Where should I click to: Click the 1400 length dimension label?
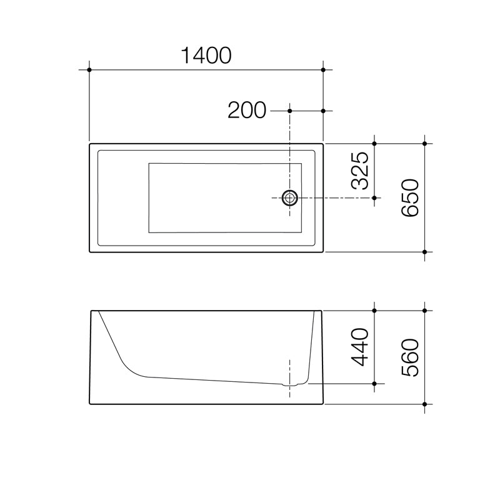click(x=206, y=56)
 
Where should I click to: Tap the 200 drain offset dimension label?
click(x=246, y=111)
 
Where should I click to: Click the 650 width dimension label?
click(x=409, y=197)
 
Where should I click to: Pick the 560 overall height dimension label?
click(x=409, y=357)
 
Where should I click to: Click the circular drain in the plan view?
click(x=290, y=197)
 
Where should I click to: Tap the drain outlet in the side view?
click(x=290, y=383)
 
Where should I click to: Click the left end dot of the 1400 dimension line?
click(x=90, y=69)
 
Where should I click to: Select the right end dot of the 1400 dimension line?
click(x=323, y=69)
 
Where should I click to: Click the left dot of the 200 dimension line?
click(x=290, y=111)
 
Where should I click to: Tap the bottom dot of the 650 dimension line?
click(x=425, y=252)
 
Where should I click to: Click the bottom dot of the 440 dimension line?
click(x=374, y=382)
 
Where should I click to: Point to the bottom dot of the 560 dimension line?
click(x=425, y=404)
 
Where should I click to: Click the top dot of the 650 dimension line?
click(x=425, y=144)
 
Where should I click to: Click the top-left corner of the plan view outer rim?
click(x=91, y=145)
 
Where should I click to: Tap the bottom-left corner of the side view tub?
click(x=91, y=403)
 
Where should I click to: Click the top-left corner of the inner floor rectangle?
click(x=149, y=164)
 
